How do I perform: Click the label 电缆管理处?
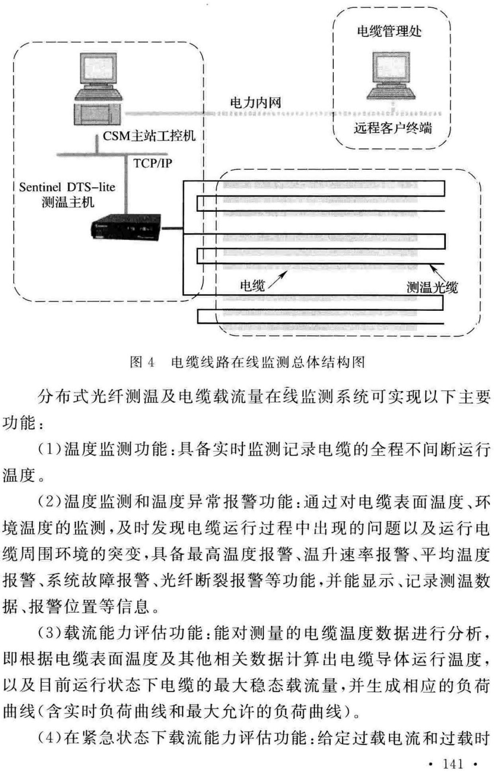click(x=389, y=32)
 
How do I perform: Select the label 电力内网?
click(x=255, y=102)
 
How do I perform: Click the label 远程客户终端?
click(x=393, y=128)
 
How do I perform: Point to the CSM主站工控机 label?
click(x=149, y=136)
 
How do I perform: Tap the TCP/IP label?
click(x=153, y=163)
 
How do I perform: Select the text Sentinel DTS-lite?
click(x=67, y=187)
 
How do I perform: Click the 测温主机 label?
click(x=68, y=202)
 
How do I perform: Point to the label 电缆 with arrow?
click(x=252, y=286)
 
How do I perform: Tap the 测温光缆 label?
click(x=432, y=287)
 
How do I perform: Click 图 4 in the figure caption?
click(x=142, y=362)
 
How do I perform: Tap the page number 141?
click(x=453, y=764)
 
